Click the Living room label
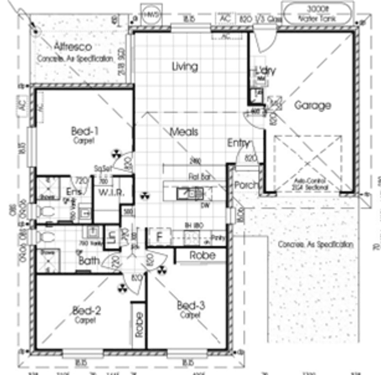[185, 66]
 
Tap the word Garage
[312, 105]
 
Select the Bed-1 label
[85, 131]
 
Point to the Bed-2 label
[86, 311]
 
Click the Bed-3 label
[191, 306]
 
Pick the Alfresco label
[73, 47]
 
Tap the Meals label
[184, 132]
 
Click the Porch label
[246, 186]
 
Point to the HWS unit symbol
[150, 15]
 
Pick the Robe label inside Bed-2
[139, 324]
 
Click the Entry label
[239, 143]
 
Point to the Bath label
[90, 261]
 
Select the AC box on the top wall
[225, 18]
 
